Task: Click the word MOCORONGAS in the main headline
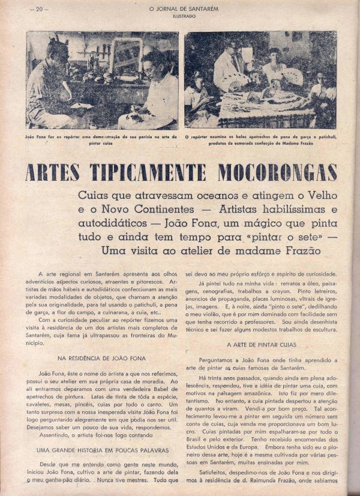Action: [277, 172]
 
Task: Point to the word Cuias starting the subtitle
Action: [95, 196]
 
